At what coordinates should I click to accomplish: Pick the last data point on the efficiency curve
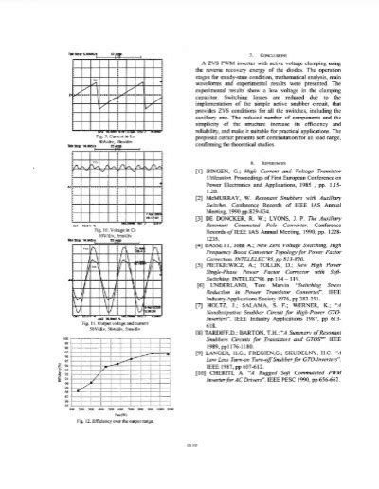tap(173, 353)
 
